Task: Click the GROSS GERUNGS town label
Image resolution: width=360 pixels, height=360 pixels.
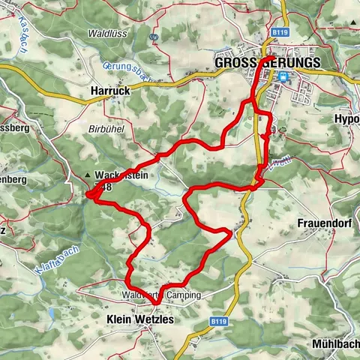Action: (x=267, y=63)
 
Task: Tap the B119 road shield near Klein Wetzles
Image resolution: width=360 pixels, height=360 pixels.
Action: (x=219, y=322)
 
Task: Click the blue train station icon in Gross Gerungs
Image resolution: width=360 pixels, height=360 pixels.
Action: (x=283, y=76)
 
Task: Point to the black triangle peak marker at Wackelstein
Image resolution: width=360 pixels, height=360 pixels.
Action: (x=89, y=175)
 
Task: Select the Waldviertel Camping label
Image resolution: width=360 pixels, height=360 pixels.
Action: (x=161, y=295)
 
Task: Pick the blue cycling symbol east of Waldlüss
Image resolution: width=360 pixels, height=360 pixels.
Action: (x=154, y=36)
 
